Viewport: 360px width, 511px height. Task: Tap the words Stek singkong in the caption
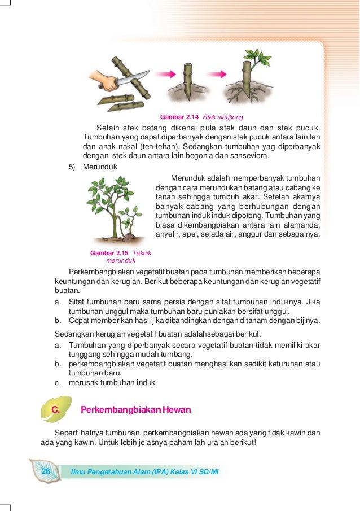click(x=223, y=117)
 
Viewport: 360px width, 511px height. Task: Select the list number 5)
click(x=72, y=168)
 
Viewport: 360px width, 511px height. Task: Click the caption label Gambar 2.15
click(x=109, y=252)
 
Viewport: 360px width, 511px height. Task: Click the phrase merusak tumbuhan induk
click(x=113, y=382)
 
